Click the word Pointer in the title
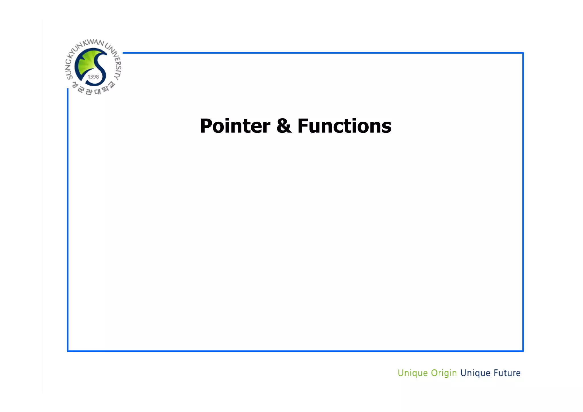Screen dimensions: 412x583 click(x=235, y=126)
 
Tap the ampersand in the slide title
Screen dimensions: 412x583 click(x=284, y=126)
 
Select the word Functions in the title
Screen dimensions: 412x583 click(x=344, y=126)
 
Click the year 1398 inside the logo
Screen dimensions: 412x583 click(x=93, y=77)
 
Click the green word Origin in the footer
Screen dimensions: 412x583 click(x=444, y=373)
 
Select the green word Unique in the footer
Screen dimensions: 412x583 click(x=412, y=373)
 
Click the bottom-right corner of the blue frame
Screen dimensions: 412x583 click(x=523, y=351)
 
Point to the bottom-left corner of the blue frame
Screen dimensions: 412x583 click(x=68, y=351)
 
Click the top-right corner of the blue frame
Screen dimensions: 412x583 click(x=523, y=53)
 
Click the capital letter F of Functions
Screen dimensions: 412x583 click(x=303, y=126)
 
